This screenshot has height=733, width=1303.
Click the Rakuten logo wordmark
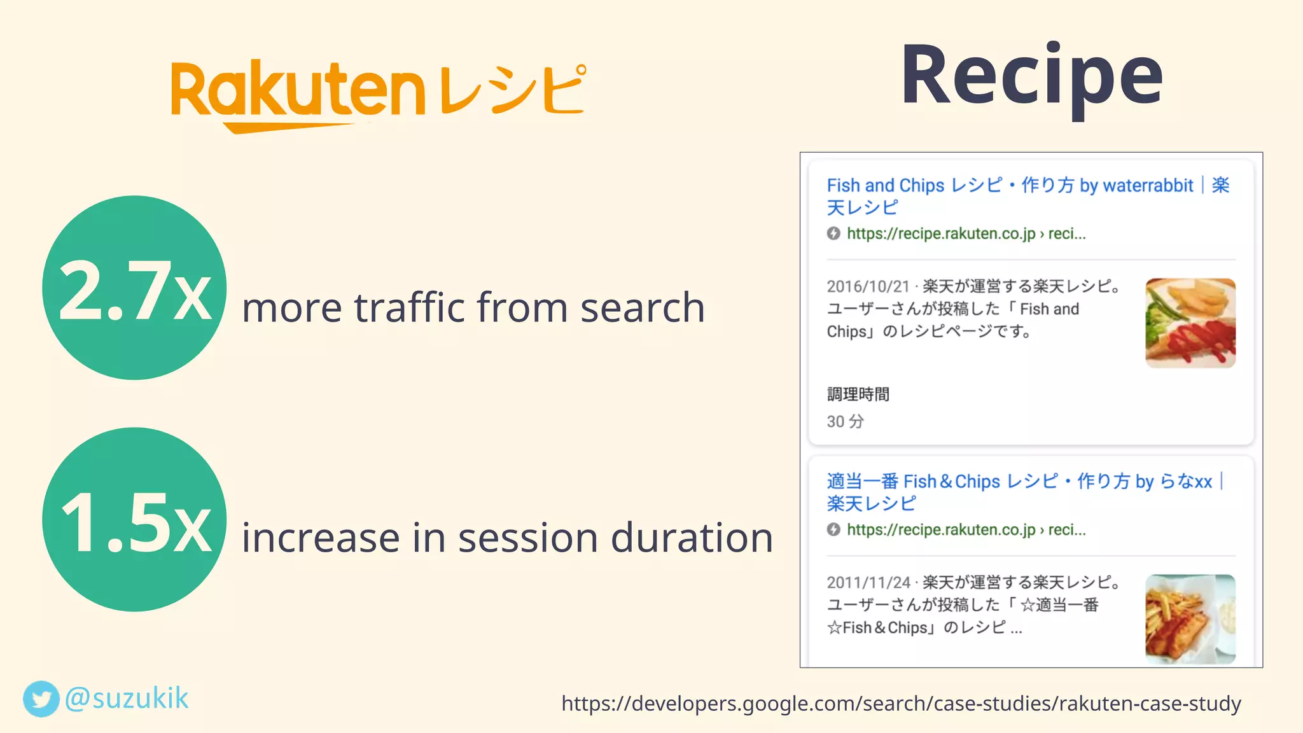298,92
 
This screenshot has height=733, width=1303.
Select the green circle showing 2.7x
134,288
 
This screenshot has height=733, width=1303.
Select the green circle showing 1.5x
134,519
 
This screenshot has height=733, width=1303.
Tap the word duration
692,538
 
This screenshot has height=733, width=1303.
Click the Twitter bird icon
41,699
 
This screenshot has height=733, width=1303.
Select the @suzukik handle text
127,698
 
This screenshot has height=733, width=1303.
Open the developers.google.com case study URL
901,703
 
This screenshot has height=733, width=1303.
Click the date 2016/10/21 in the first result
868,287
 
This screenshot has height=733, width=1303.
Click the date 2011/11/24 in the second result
868,583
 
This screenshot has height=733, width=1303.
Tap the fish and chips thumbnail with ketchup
1190,323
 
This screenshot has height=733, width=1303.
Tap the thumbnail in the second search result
1190,619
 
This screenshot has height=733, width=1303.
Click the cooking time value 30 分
845,421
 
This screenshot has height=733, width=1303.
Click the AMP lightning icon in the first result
833,234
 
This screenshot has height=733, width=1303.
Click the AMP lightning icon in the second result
833,529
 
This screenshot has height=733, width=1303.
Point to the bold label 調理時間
858,394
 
